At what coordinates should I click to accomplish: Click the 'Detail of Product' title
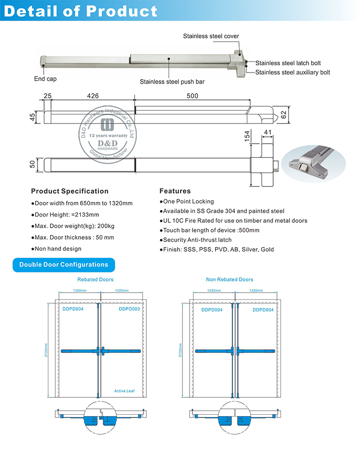tap(81, 11)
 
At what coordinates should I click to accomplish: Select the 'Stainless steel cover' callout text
tap(211, 37)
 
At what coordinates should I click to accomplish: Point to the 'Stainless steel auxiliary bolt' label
tap(293, 73)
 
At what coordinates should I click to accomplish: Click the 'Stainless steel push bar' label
tap(172, 82)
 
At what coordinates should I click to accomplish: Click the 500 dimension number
tap(192, 96)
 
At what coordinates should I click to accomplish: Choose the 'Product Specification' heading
tap(70, 191)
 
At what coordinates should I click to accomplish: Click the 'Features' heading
tap(175, 191)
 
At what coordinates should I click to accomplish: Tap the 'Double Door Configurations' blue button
tap(64, 265)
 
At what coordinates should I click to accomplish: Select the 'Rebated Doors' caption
tap(96, 280)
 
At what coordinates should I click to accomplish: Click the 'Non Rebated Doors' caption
tap(229, 280)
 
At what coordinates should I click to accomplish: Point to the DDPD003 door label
tap(129, 309)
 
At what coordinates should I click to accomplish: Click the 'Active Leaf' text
tap(124, 391)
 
